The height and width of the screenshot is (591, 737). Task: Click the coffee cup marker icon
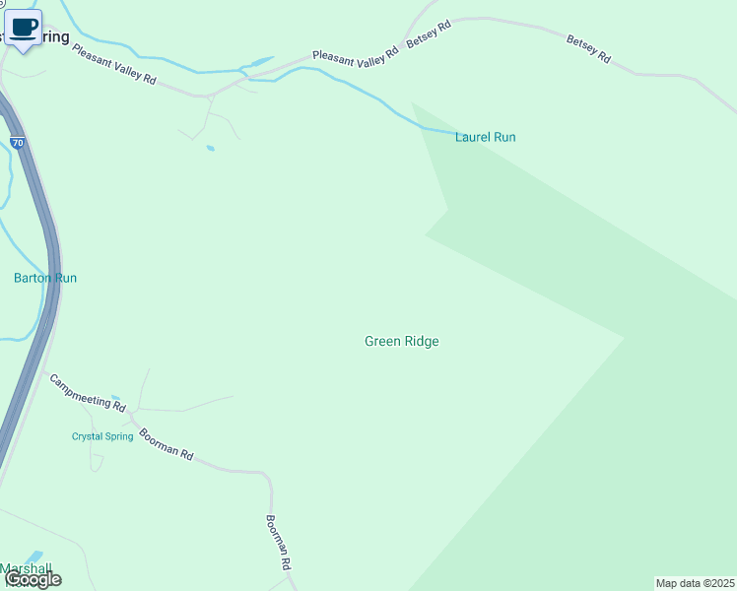pos(24,28)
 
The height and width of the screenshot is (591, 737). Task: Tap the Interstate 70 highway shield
pos(18,143)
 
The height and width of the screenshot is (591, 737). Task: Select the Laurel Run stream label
pos(485,137)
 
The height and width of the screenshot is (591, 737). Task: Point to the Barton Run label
pos(45,278)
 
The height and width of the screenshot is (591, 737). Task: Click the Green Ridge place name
pos(401,341)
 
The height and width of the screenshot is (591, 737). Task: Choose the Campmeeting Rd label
pos(88,392)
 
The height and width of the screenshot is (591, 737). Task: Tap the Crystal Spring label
pos(102,436)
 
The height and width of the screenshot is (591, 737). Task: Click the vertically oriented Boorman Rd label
pos(280,544)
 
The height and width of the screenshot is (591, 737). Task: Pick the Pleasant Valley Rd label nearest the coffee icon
pos(114,63)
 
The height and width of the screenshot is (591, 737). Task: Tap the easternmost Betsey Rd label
pos(588,49)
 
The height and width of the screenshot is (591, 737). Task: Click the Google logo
pos(33,579)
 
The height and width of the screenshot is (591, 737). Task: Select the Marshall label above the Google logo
pos(24,568)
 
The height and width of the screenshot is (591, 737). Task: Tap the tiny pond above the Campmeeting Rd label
pos(115,398)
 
